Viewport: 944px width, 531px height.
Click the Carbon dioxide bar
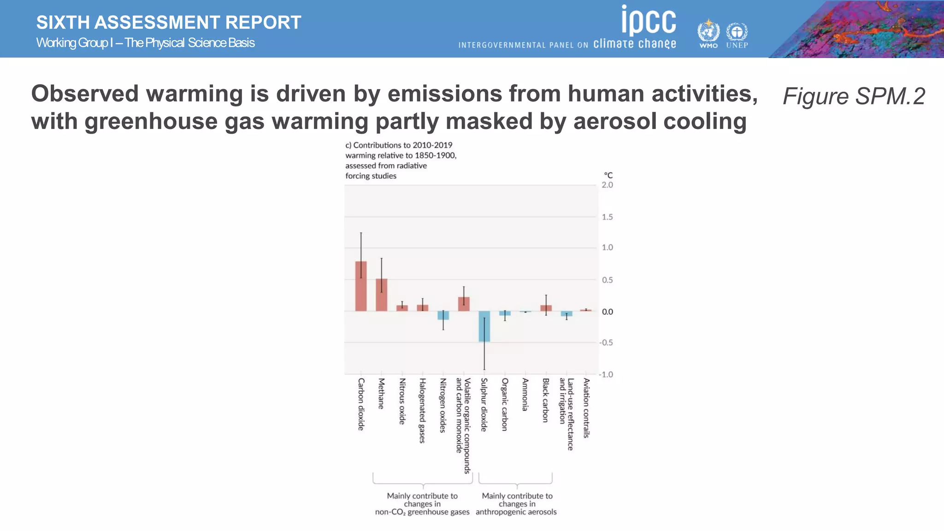(x=361, y=287)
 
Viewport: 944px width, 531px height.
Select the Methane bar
(x=381, y=295)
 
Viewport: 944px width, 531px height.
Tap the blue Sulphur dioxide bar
(x=484, y=326)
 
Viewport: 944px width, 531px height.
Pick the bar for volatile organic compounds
(x=464, y=304)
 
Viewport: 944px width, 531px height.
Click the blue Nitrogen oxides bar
(x=443, y=315)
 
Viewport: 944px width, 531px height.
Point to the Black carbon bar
(x=546, y=308)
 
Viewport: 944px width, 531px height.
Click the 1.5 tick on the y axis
(x=607, y=217)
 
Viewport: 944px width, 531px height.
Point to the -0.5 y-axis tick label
(x=606, y=342)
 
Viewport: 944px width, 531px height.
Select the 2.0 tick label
(x=607, y=185)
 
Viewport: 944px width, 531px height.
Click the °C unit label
(x=608, y=175)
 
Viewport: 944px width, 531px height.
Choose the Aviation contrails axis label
(x=586, y=407)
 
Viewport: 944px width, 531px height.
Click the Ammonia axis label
(x=525, y=395)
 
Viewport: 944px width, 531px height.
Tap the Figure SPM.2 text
(x=854, y=96)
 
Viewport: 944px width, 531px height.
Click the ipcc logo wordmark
(x=649, y=20)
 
